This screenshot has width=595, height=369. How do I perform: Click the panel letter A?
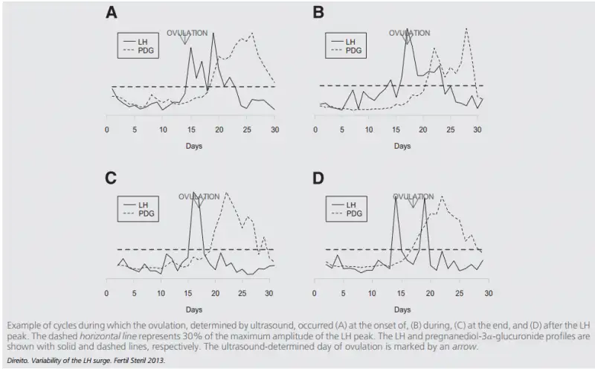pyautogui.click(x=111, y=13)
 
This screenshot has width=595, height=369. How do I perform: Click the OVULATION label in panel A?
pyautogui.click(x=187, y=33)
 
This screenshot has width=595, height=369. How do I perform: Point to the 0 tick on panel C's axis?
pyautogui.click(x=108, y=293)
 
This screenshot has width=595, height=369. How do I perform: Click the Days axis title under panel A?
pyautogui.click(x=194, y=146)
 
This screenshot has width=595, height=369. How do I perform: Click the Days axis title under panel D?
pyautogui.click(x=402, y=307)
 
